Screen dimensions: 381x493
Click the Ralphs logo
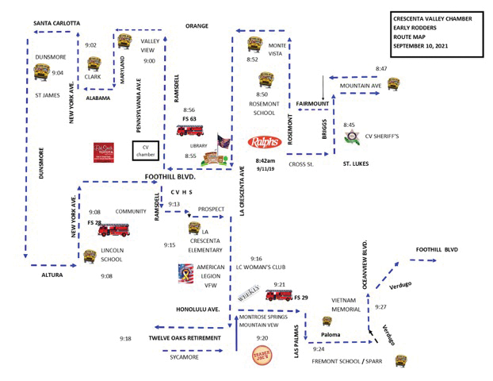(x=265, y=143)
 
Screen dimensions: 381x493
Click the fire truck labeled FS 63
(x=190, y=130)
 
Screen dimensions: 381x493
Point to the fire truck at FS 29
(x=278, y=295)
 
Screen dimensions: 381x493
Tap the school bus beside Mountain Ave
(x=393, y=84)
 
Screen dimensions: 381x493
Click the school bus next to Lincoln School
(x=90, y=256)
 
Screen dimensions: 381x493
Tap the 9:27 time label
(x=381, y=306)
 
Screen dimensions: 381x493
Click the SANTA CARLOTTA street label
(x=56, y=23)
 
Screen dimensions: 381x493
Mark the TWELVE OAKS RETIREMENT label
(x=185, y=338)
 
